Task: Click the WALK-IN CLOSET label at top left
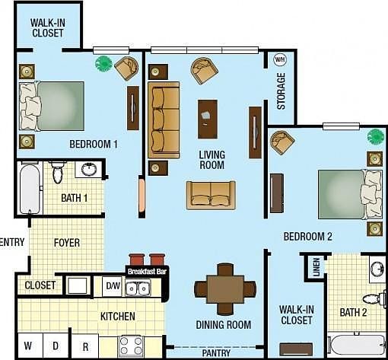47,27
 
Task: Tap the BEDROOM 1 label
94,144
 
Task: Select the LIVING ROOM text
211,159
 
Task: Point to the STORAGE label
281,91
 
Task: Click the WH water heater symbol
279,59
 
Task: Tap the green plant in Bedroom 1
103,64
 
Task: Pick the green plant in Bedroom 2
375,136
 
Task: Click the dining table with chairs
224,288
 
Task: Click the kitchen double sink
138,288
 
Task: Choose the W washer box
28,346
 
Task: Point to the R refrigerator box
84,346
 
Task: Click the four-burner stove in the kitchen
131,346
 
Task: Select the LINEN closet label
316,267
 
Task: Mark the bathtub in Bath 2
356,345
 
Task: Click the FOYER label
66,243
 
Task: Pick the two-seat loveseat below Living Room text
211,195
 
